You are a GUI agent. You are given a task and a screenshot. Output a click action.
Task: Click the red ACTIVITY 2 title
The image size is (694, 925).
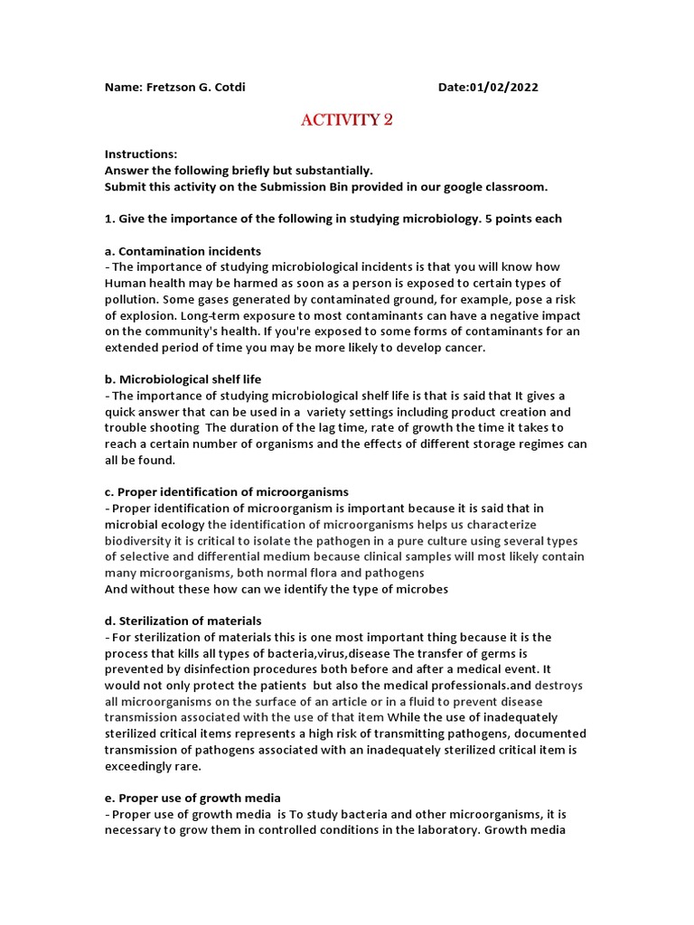(346, 120)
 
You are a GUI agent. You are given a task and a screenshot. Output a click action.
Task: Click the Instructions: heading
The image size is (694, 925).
(141, 154)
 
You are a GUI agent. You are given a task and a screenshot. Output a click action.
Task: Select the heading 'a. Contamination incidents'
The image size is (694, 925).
(183, 251)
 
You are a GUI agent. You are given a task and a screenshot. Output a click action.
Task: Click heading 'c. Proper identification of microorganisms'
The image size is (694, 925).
(226, 491)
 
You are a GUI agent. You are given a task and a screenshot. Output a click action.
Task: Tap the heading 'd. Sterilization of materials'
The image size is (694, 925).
(183, 621)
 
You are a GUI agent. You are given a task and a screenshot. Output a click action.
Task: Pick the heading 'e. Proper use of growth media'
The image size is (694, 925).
(192, 798)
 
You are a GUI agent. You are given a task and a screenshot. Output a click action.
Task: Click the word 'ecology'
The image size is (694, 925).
(181, 524)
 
